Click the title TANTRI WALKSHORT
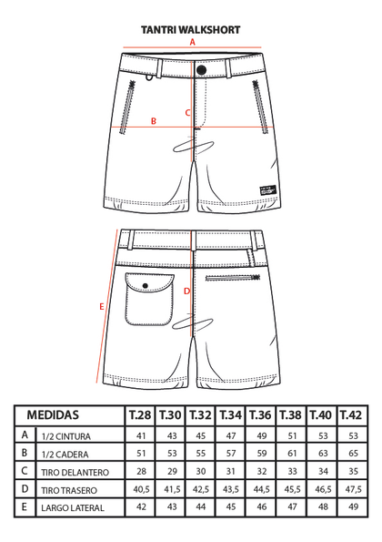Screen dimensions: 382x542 [x=190, y=30]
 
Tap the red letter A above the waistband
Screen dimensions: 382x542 [x=193, y=42]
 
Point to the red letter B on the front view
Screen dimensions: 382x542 [x=154, y=121]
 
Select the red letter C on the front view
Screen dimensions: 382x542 [x=187, y=113]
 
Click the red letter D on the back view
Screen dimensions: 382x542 [x=186, y=291]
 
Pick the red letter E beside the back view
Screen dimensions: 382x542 [x=102, y=307]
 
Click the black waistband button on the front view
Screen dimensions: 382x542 [x=201, y=70]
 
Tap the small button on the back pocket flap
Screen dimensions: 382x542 [x=146, y=285]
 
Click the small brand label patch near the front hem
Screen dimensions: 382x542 [x=268, y=189]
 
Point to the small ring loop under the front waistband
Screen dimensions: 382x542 [x=149, y=78]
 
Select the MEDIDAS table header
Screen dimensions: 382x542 [x=53, y=414]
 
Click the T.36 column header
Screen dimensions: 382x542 [x=260, y=414]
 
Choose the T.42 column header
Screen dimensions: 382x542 [x=351, y=414]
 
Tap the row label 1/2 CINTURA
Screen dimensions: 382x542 [x=65, y=436]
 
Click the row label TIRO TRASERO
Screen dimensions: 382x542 [x=69, y=490]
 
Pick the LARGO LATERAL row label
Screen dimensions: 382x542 [x=73, y=507]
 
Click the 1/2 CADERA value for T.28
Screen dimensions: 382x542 [x=141, y=453]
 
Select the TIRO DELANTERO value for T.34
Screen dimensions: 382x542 [x=231, y=471]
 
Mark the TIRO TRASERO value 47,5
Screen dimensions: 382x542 [x=353, y=489]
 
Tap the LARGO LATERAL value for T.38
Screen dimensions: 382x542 [x=292, y=506]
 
